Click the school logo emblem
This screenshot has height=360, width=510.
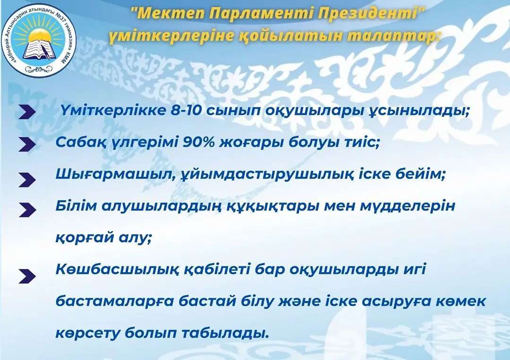tap(39, 40)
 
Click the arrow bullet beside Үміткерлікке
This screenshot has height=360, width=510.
tap(27, 112)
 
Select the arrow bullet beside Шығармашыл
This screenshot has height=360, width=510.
tap(27, 180)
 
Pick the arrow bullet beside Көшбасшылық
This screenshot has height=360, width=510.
tap(27, 277)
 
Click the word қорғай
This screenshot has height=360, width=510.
tap(84, 238)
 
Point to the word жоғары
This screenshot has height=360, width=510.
tap(251, 143)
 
